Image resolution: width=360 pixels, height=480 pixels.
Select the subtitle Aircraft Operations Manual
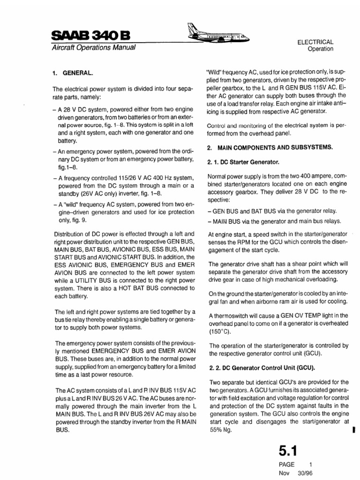coord(93,48)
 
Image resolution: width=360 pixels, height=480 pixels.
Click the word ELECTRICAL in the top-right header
coord(315,41)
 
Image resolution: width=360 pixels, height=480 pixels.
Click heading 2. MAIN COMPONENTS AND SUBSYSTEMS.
coord(270,147)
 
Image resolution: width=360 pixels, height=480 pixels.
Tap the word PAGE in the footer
coord(286,464)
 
